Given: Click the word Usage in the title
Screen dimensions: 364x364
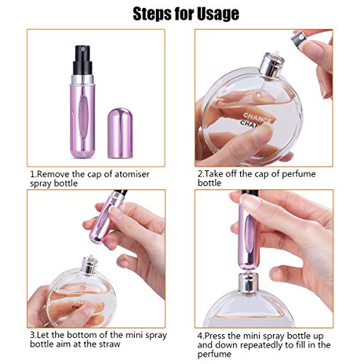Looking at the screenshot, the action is click(218, 14).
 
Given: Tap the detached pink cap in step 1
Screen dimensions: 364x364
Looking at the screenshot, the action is click(120, 133).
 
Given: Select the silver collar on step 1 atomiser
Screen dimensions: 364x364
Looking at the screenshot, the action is click(82, 80).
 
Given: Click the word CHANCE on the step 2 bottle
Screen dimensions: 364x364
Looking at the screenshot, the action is click(257, 117).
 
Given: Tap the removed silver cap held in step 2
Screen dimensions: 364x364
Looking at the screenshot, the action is click(300, 39).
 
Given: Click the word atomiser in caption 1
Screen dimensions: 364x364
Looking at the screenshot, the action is click(132, 174).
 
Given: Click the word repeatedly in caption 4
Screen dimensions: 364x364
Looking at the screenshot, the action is click(266, 345).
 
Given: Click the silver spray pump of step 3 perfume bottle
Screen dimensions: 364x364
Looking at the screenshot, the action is click(90, 265).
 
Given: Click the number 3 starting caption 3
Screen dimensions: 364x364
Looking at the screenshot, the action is click(32, 335).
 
